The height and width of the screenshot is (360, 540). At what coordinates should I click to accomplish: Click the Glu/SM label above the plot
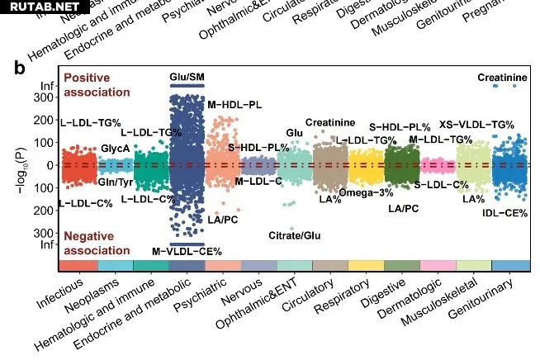tap(187, 77)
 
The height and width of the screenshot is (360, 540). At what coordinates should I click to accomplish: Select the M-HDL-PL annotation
tap(234, 105)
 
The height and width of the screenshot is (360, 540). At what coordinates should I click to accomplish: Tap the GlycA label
tap(115, 148)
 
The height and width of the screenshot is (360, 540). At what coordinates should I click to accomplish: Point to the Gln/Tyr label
tap(116, 182)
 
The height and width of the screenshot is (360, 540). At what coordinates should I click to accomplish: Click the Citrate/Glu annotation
tap(296, 235)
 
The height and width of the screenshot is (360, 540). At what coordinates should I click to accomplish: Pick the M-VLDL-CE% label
tap(187, 251)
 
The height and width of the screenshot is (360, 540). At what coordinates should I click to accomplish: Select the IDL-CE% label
tap(505, 212)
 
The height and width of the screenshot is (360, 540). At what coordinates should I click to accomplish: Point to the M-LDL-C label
tap(258, 181)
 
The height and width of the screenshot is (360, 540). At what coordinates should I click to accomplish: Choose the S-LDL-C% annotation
tap(442, 184)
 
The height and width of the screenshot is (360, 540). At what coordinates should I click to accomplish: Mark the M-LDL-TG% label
tap(440, 139)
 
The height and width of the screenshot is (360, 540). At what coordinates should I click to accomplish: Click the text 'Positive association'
tap(97, 84)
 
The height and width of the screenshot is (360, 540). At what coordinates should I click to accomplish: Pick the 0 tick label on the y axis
tap(52, 165)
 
